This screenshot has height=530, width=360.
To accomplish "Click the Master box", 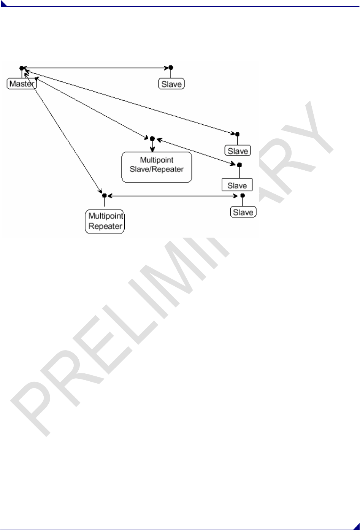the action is [x=22, y=84].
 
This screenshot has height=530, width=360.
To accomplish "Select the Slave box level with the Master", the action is [x=171, y=84].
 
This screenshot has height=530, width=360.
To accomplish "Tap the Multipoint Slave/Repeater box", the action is [x=157, y=167].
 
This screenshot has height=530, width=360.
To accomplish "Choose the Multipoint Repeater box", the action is [x=105, y=221].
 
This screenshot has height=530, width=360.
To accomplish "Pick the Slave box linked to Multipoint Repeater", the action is [x=243, y=212].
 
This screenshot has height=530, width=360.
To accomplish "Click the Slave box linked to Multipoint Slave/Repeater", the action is [x=237, y=185].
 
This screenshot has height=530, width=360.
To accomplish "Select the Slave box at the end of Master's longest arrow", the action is [x=238, y=151].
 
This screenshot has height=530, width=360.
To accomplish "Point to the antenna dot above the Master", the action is [x=22, y=68].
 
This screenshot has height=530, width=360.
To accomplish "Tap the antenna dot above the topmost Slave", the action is [x=171, y=68].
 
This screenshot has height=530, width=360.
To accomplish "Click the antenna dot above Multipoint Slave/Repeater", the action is [x=152, y=138].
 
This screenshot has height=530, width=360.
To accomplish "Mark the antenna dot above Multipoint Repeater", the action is [x=104, y=195].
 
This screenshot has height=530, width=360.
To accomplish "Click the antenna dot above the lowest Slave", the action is [x=243, y=195].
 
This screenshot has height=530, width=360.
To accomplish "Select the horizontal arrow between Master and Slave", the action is [x=95, y=68].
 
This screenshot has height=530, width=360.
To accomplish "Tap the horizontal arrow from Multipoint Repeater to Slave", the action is [x=173, y=196].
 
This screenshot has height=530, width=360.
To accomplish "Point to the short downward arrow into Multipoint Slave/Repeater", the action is [x=152, y=147].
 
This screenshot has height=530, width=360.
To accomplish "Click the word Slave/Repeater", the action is [x=157, y=170].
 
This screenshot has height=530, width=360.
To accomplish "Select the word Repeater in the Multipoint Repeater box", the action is [x=105, y=226].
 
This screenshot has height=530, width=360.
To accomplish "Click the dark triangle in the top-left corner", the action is [x=3, y=3].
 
